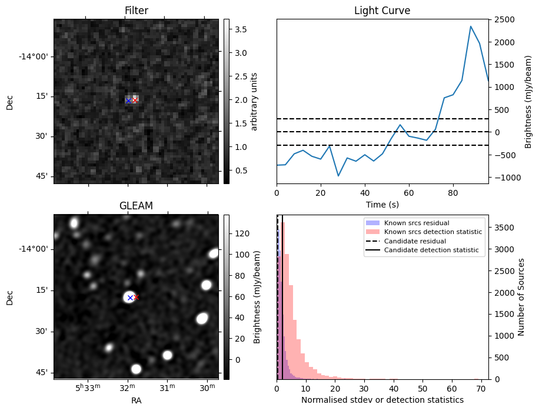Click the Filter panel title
(x=136, y=11)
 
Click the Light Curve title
(x=382, y=11)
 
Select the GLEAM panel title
(x=136, y=206)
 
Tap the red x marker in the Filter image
(x=135, y=101)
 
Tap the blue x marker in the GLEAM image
(x=130, y=298)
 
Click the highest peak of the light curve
(x=471, y=26)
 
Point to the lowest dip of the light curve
(x=338, y=176)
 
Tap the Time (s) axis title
(x=382, y=204)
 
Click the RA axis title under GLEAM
(x=136, y=400)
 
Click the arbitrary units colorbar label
(x=254, y=101)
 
